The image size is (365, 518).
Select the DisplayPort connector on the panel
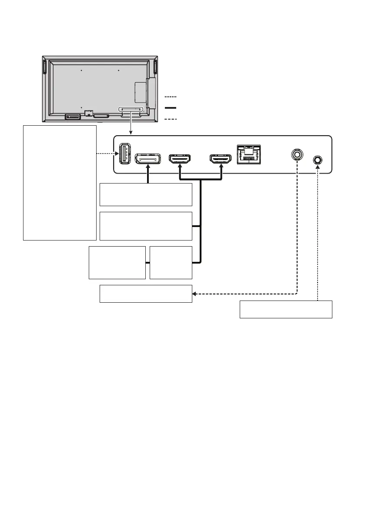(x=147, y=159)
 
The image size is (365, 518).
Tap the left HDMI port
(x=180, y=159)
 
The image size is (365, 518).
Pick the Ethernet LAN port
(x=249, y=154)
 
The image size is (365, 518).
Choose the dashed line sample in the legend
(x=171, y=118)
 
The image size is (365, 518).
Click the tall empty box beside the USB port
(x=59, y=183)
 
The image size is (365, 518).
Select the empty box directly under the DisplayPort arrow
(x=146, y=194)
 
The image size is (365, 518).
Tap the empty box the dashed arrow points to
(x=146, y=294)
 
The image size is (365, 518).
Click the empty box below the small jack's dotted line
(x=286, y=309)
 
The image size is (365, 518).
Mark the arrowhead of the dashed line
(x=194, y=294)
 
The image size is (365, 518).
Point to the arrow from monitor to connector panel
(x=131, y=126)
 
